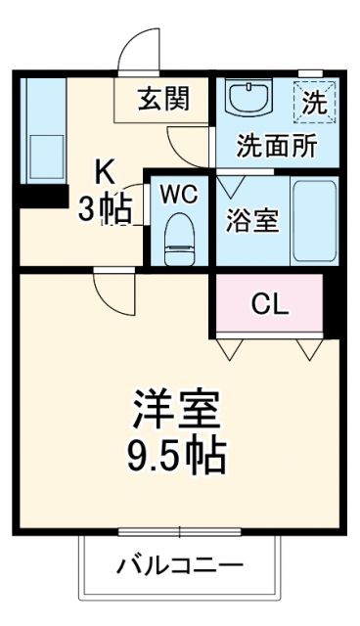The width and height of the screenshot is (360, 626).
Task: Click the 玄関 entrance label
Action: click(x=163, y=99)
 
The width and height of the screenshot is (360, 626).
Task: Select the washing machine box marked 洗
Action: click(x=314, y=100)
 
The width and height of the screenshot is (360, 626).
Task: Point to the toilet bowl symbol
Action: click(x=179, y=236)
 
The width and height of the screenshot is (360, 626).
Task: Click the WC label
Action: click(x=179, y=193)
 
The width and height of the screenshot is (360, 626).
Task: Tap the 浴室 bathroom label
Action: click(x=252, y=220)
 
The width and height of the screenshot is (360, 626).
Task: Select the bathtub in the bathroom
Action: click(x=313, y=220)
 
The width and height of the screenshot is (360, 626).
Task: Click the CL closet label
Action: click(x=270, y=304)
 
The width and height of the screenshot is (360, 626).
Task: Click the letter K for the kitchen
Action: click(x=106, y=172)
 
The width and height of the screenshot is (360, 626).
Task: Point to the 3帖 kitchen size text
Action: click(x=104, y=207)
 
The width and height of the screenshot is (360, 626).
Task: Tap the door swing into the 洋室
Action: click(x=110, y=290)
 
